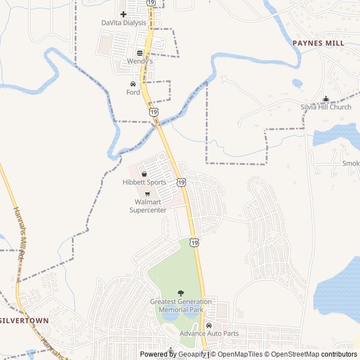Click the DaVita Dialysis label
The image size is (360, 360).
point(123,23)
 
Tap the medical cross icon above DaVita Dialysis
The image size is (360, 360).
point(123,14)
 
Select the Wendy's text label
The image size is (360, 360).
point(139,61)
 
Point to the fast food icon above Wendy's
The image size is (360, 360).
point(139,53)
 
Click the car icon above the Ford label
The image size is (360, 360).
point(133,84)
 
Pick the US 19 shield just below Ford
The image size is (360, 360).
point(154,112)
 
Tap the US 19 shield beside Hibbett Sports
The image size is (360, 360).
point(181,182)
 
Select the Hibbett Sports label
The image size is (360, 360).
point(145,182)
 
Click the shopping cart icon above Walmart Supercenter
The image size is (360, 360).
point(147,194)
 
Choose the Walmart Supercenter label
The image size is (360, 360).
point(148,206)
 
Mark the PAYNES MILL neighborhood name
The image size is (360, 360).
point(318,43)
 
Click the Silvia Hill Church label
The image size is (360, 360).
point(326,107)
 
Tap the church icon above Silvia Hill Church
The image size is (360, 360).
point(326,99)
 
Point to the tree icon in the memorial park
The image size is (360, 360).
point(181,293)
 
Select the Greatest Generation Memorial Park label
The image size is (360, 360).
point(181,305)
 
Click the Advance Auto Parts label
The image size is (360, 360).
point(209,334)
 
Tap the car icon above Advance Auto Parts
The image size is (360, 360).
point(209,325)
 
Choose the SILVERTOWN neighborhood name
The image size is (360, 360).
point(24,320)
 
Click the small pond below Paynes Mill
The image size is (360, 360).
point(298,83)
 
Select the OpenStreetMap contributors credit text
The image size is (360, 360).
point(312,354)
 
